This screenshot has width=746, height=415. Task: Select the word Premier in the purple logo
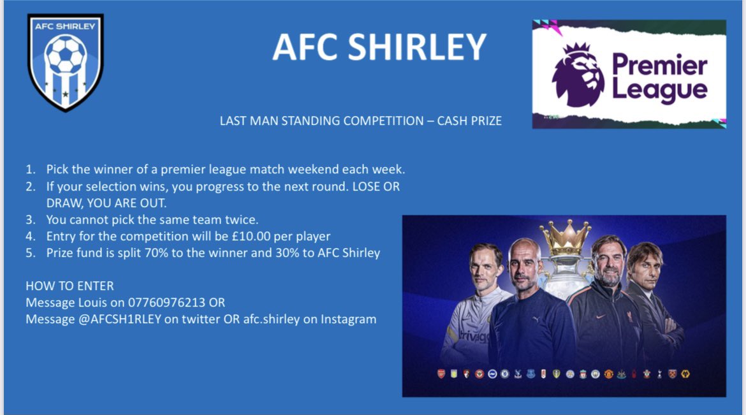(659, 65)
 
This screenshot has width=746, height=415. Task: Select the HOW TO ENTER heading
(69, 286)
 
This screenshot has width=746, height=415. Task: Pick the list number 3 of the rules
(30, 219)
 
